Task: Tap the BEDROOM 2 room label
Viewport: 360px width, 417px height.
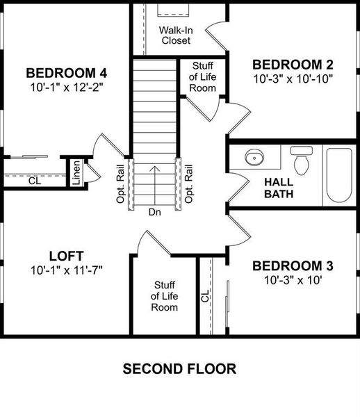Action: point(293,64)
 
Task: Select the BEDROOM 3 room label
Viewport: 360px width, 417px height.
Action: point(293,266)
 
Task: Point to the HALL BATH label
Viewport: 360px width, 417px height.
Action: point(278,188)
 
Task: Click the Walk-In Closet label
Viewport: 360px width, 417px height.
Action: point(176,35)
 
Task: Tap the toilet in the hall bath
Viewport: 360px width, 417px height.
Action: point(302,161)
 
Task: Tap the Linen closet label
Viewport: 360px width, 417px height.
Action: point(75,172)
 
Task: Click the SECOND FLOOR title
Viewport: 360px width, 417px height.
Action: point(179,368)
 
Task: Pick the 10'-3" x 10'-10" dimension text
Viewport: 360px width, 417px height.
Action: point(293,79)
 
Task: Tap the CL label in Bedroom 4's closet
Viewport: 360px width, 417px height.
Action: point(34,181)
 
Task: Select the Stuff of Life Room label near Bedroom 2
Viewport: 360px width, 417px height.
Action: point(202,77)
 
